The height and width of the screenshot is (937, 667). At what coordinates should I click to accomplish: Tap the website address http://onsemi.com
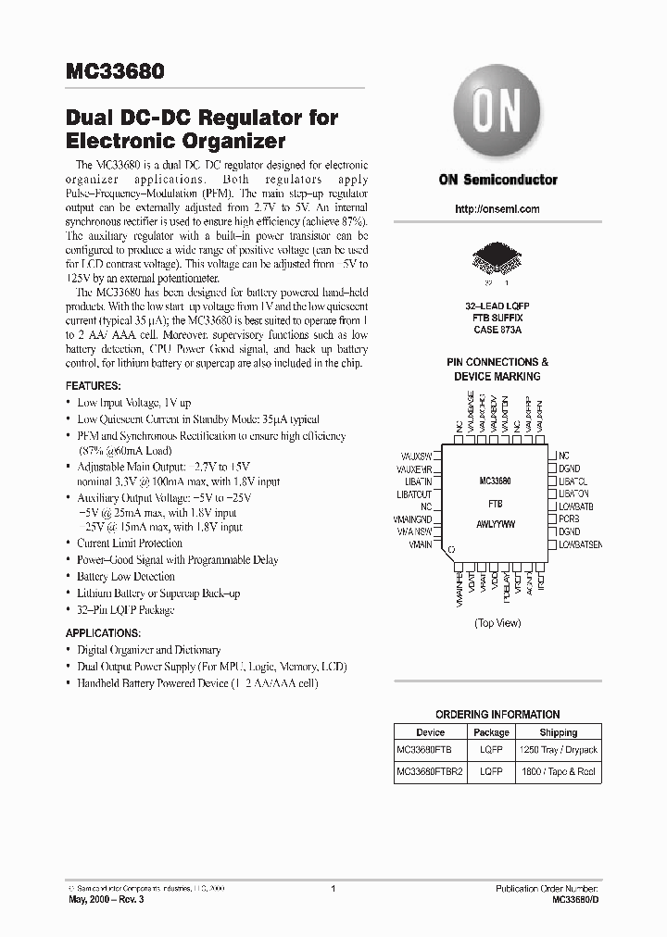pos(497,209)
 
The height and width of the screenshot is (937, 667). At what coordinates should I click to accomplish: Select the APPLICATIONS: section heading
pos(103,633)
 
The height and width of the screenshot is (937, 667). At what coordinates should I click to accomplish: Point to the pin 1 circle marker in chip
pos(451,550)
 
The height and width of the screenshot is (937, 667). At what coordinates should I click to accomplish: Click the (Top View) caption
pos(497,623)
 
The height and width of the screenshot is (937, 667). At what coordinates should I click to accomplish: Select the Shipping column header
pos(559,732)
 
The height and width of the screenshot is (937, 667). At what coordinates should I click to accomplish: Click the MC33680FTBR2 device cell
pos(430,769)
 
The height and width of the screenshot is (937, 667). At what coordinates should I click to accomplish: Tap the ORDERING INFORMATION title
pos(497,715)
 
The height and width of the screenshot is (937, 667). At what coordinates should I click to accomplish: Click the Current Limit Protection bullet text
pos(130,543)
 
